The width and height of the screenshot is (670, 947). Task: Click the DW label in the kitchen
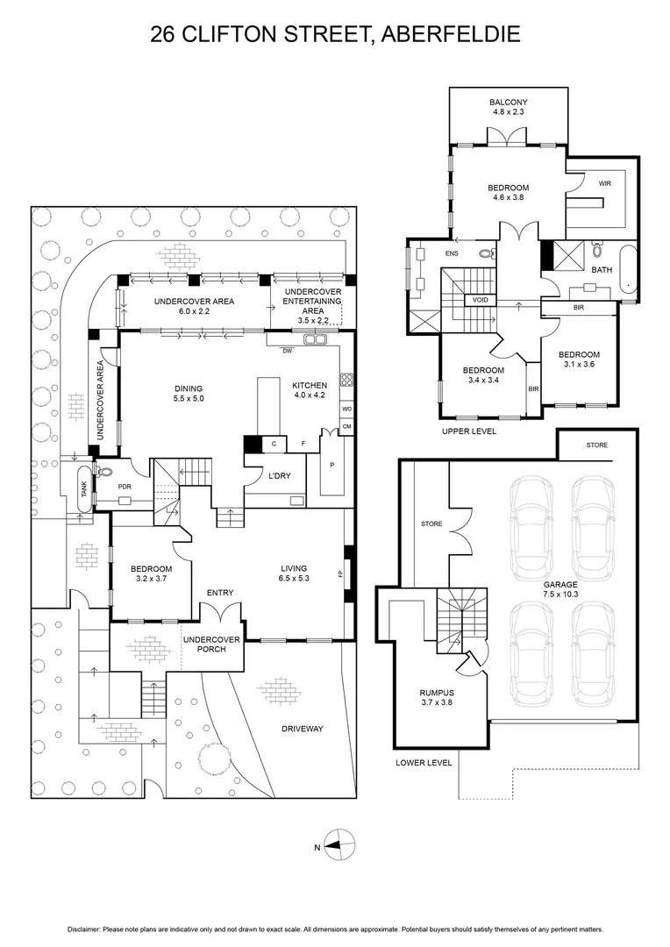click(x=287, y=350)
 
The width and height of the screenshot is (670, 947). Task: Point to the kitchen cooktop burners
click(x=347, y=380)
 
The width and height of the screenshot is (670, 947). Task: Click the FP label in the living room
click(x=341, y=574)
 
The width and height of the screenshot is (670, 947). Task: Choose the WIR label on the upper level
click(x=605, y=183)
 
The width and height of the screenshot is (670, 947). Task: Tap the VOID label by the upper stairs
click(x=481, y=300)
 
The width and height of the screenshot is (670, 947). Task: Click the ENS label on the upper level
click(x=452, y=253)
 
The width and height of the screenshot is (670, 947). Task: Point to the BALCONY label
click(x=508, y=103)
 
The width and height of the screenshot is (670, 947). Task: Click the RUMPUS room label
click(x=437, y=693)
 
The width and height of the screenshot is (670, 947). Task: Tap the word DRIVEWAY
click(x=302, y=729)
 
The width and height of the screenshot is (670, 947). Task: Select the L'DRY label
click(x=279, y=476)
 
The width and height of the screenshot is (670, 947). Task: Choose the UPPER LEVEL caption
click(x=469, y=431)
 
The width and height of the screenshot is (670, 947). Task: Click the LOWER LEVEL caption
click(x=424, y=763)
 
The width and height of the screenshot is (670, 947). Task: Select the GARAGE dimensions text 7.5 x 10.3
click(x=560, y=594)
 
